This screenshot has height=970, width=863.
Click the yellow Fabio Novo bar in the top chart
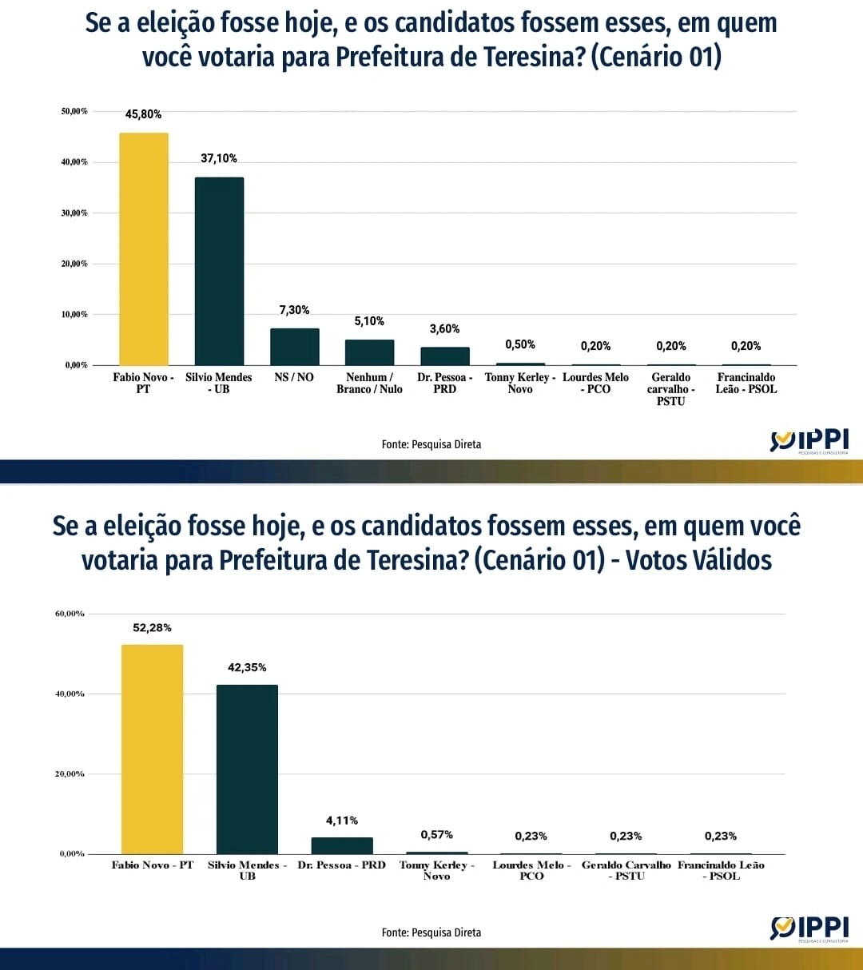tap(144, 249)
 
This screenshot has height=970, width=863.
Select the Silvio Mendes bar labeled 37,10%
tap(219, 272)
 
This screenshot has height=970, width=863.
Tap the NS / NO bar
tap(294, 347)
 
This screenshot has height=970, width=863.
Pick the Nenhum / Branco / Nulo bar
tap(369, 352)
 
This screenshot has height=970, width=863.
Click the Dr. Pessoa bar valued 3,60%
tap(445, 356)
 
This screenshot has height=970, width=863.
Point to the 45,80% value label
tap(144, 114)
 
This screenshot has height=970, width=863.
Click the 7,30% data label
tap(294, 310)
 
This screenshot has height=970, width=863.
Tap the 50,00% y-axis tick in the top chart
tap(74, 111)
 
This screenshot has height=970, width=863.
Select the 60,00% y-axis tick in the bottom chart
tap(70, 614)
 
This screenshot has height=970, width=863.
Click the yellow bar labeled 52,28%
tap(152, 749)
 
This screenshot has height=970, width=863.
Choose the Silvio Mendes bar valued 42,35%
tap(247, 769)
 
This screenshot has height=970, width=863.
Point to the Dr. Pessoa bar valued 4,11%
tap(342, 845)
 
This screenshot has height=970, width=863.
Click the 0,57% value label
tap(437, 835)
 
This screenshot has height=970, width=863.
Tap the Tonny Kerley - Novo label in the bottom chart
tap(437, 870)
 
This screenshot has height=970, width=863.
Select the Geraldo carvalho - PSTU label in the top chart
tap(671, 389)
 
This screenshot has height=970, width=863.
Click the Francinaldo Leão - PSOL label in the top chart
tap(746, 384)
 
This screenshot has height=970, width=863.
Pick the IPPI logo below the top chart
tap(809, 441)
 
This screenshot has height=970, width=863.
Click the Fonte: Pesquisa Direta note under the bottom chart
tap(431, 932)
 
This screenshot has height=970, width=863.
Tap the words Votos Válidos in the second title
tap(699, 560)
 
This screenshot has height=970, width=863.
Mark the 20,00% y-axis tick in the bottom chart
tap(70, 774)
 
